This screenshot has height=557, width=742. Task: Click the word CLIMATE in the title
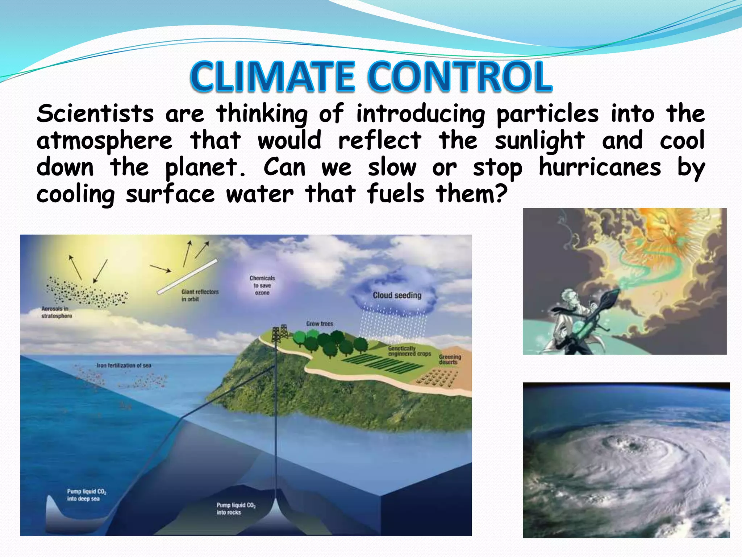272,77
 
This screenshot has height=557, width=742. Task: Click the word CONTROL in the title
460,77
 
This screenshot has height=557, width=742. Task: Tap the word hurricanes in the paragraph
600,168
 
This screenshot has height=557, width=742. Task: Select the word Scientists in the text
95,114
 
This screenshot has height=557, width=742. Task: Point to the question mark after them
501,194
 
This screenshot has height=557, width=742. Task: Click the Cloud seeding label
397,295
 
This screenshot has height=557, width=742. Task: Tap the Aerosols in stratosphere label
57,312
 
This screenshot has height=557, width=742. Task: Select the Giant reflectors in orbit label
200,295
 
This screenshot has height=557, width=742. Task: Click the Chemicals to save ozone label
262,285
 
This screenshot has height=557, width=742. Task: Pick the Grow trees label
320,323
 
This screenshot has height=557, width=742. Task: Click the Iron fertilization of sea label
124,365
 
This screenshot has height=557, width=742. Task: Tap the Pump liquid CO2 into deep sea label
86,495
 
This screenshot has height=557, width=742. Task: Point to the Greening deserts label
450,359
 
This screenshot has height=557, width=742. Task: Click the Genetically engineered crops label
409,351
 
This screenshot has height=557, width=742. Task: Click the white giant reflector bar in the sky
187,276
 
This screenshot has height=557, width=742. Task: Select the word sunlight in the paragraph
539,141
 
